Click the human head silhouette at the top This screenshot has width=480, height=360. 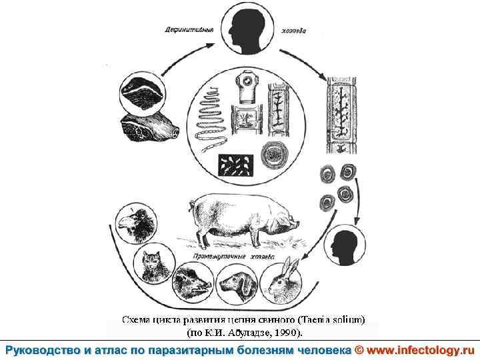click(243, 26)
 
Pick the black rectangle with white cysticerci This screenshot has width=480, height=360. click(237, 167)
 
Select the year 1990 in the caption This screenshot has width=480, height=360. click(288, 331)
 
